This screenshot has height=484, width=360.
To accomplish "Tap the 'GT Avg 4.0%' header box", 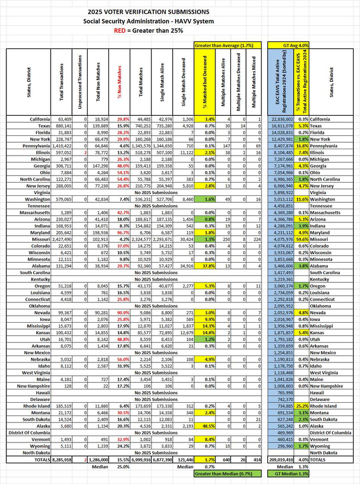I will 294,44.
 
